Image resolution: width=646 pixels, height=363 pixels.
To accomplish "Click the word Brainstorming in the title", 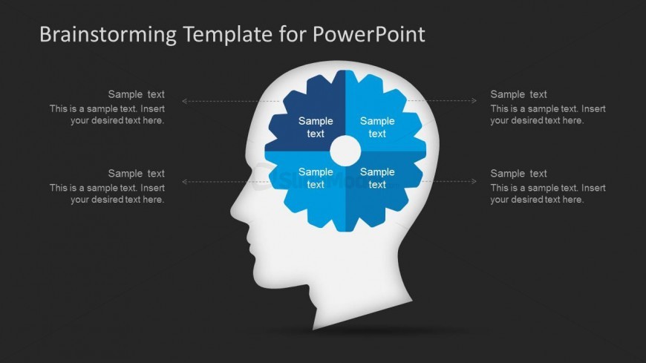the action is click(108, 35).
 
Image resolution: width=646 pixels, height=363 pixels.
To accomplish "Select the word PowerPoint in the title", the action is click(369, 34).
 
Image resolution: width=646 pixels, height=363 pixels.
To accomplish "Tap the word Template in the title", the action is click(227, 35).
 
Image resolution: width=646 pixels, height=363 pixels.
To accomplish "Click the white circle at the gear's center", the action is click(345, 151).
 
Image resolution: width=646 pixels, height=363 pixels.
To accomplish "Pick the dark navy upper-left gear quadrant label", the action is click(316, 128).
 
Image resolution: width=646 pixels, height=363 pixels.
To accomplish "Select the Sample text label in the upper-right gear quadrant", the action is click(377, 128).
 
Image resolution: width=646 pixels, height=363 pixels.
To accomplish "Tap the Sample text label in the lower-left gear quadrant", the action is click(316, 178).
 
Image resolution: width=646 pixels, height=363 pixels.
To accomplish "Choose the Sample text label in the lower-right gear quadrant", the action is click(377, 178).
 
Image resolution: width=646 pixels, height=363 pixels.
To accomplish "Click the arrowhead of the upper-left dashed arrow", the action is click(184, 101).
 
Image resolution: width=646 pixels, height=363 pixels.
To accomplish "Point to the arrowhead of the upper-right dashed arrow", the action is click(474, 100).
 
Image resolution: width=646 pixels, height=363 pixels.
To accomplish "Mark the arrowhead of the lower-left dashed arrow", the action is click(184, 182).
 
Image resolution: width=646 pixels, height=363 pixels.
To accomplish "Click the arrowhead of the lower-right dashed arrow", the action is click(474, 181).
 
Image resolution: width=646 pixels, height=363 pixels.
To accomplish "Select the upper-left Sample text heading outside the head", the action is click(137, 94).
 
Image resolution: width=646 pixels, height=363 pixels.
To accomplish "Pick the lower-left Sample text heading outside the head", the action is click(137, 174).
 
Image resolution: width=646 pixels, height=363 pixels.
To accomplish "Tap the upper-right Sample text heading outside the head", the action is click(519, 94).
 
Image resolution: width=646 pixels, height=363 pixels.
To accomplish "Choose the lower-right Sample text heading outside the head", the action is click(519, 174).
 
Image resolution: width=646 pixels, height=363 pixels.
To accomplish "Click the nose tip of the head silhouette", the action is click(232, 212).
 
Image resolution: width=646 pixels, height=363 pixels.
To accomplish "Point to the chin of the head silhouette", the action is click(258, 280).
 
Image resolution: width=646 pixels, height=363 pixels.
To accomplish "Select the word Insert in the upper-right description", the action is click(594, 109).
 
